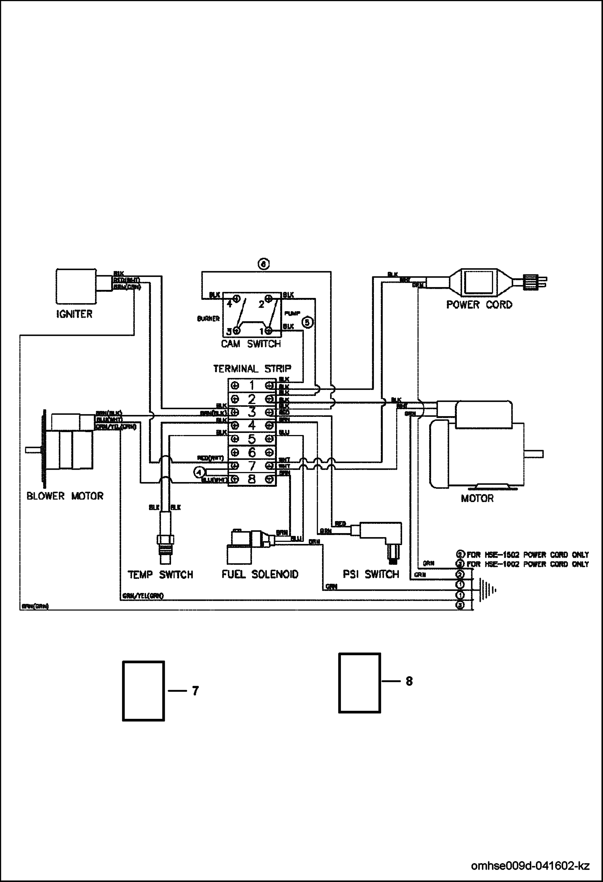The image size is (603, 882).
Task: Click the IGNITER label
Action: [x=74, y=314]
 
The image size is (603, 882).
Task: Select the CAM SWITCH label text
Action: [x=251, y=344]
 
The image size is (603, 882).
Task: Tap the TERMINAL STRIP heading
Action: [x=252, y=368]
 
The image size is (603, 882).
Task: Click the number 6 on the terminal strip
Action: [x=252, y=452]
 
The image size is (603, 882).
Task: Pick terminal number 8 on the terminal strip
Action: [x=252, y=479]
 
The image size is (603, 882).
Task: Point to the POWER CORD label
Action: [x=479, y=305]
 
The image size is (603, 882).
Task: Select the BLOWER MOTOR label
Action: [x=65, y=496]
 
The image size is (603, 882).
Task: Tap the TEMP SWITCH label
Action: [x=160, y=574]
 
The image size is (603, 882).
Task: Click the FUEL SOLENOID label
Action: [x=260, y=574]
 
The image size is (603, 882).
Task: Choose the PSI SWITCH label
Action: [x=371, y=574]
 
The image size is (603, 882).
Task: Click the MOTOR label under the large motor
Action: [x=477, y=498]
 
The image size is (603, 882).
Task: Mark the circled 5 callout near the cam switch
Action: [x=307, y=322]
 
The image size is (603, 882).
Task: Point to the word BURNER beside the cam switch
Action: [x=208, y=319]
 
